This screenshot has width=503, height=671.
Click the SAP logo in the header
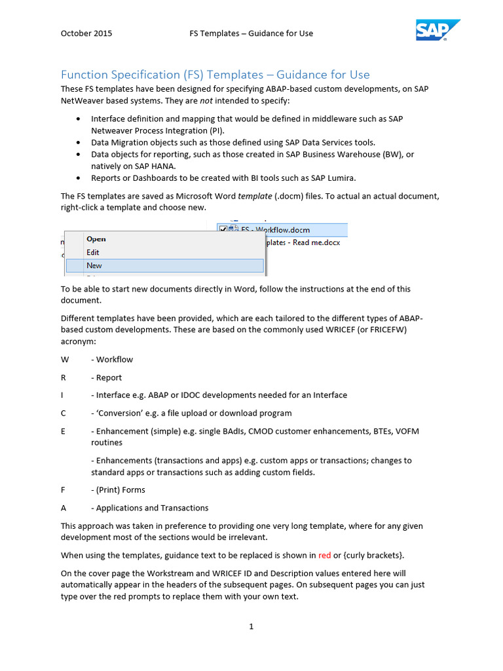tap(438, 30)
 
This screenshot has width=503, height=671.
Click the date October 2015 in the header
tap(86, 33)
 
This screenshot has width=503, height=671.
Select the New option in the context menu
tap(94, 265)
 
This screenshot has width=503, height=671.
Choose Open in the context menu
tap(96, 239)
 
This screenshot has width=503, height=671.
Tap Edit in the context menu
tap(93, 252)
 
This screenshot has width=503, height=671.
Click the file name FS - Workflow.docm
tap(275, 230)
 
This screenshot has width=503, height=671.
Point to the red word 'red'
tap(324, 556)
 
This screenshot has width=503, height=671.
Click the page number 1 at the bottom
tap(251, 626)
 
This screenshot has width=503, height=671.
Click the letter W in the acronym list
tap(64, 359)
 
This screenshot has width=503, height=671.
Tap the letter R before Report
tap(64, 377)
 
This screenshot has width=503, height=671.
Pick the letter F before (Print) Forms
tap(64, 489)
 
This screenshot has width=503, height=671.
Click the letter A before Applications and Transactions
tap(64, 508)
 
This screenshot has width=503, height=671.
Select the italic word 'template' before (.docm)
tap(255, 196)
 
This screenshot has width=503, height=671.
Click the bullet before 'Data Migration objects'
tap(79, 142)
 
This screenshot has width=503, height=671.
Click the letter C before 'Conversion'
tap(64, 413)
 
